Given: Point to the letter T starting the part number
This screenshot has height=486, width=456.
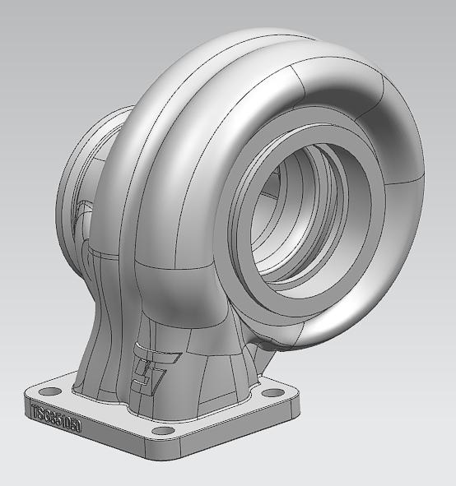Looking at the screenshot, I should (x=35, y=410).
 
